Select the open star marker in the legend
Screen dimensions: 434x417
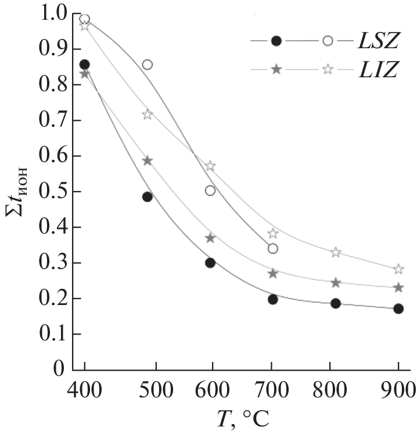328,69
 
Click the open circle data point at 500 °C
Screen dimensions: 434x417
148,64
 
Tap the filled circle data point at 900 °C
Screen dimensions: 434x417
398,309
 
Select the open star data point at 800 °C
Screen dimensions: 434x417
336,252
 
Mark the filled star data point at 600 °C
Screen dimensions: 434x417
210,238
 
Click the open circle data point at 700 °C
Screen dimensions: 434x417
272,249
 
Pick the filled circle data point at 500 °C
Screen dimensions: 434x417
148,197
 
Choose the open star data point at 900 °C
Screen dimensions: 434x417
398,269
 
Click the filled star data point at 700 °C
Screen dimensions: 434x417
272,273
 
